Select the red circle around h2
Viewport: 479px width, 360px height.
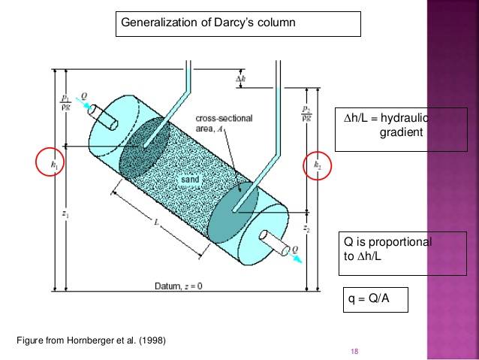point(317,165)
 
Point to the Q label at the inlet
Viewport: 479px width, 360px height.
point(84,95)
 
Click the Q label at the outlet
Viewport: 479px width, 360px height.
point(294,247)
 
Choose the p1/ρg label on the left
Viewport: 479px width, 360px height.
point(65,102)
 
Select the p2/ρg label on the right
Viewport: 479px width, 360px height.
point(306,113)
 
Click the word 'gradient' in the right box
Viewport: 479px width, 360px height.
point(402,133)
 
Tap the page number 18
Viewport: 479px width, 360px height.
point(354,351)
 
